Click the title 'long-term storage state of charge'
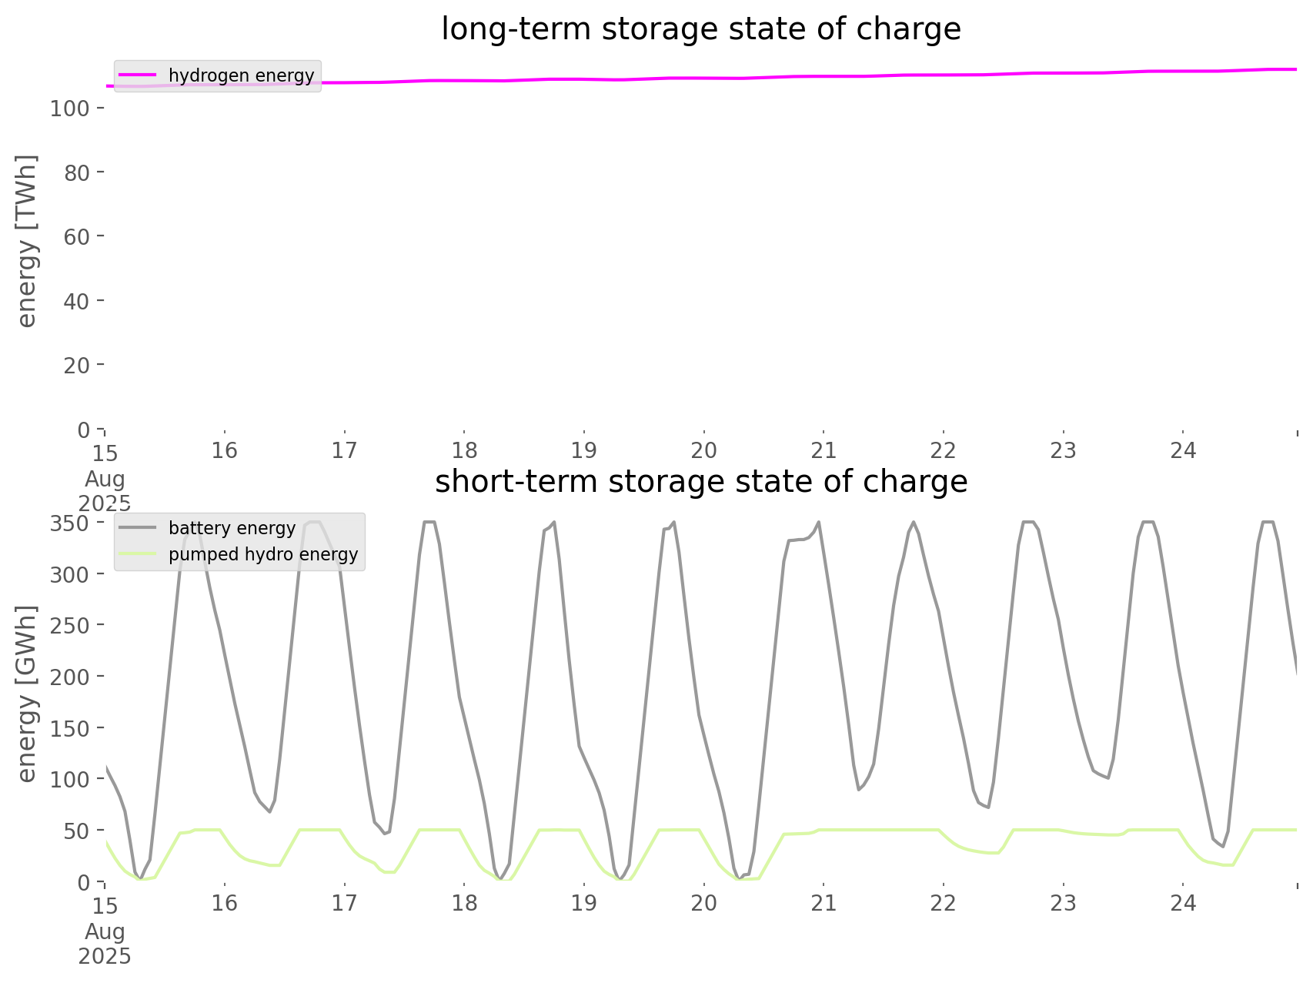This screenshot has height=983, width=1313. point(700,29)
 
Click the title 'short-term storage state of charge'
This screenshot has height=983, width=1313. point(700,482)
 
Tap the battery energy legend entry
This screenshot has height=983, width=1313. point(232,528)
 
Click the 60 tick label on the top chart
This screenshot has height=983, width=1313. point(76,236)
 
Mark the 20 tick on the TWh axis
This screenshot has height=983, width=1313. point(76,365)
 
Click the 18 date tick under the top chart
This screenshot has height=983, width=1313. point(464,450)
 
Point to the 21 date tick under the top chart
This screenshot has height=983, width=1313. point(824,450)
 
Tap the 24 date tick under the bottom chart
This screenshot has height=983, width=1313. point(1183,903)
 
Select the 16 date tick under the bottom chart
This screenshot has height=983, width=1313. point(225,903)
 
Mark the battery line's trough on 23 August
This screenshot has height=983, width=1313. point(1108,777)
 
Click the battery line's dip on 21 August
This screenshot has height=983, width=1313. point(858,789)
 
